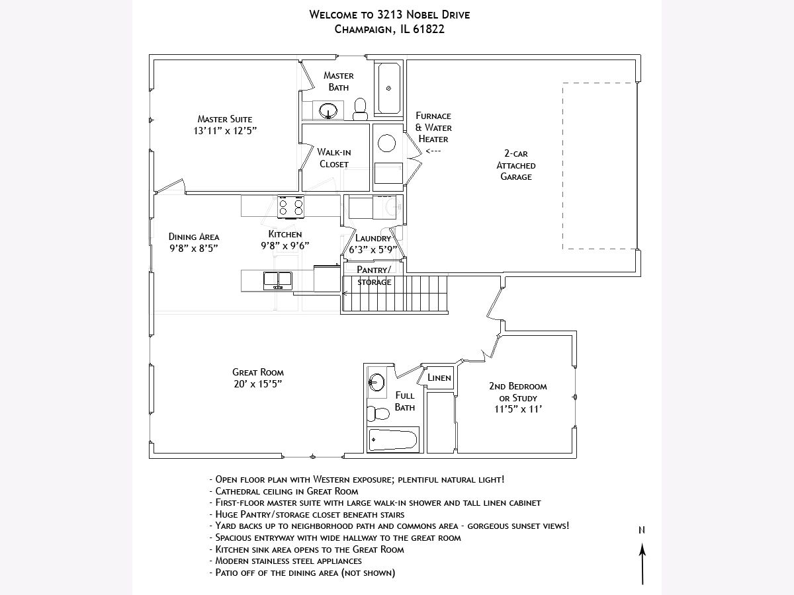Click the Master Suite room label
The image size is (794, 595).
pos(225,119)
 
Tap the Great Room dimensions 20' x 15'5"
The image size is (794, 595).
pos(257,384)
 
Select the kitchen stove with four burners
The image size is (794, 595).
pos(290,207)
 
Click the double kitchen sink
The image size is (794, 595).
pos(278,280)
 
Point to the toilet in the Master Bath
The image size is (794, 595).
pos(361,109)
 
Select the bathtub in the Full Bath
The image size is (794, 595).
pos(393,439)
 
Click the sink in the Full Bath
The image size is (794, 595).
pos(376,381)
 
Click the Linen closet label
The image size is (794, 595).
pos(439,378)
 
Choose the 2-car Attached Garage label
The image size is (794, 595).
pos(516,165)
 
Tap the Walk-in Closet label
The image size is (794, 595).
pos(333,158)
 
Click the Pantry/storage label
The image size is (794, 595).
pos(374,276)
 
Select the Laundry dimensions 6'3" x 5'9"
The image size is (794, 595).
pos(373,250)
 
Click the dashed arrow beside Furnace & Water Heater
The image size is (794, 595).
pos(433,151)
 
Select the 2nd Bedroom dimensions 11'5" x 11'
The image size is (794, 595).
pos(517,409)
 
